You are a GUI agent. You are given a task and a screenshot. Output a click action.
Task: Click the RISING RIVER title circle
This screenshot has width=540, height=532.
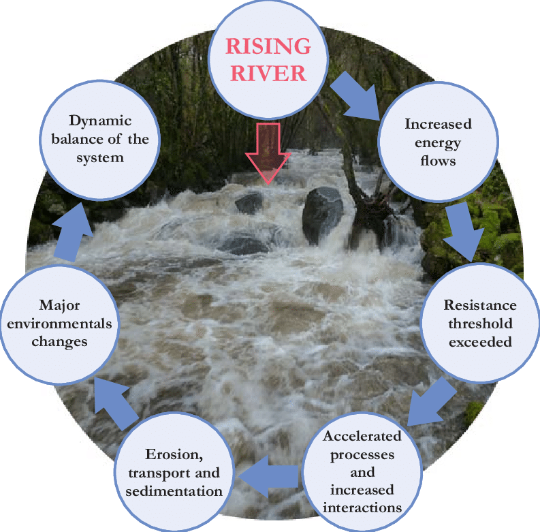[268, 57]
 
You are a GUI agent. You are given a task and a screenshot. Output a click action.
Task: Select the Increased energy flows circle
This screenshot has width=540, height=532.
[438, 143]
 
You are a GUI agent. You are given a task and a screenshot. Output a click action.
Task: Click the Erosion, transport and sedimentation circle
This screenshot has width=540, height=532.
[183, 472]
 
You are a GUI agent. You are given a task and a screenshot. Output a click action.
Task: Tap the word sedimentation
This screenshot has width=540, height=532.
[183, 490]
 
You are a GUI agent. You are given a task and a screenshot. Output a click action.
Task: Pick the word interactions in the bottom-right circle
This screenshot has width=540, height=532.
[362, 507]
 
